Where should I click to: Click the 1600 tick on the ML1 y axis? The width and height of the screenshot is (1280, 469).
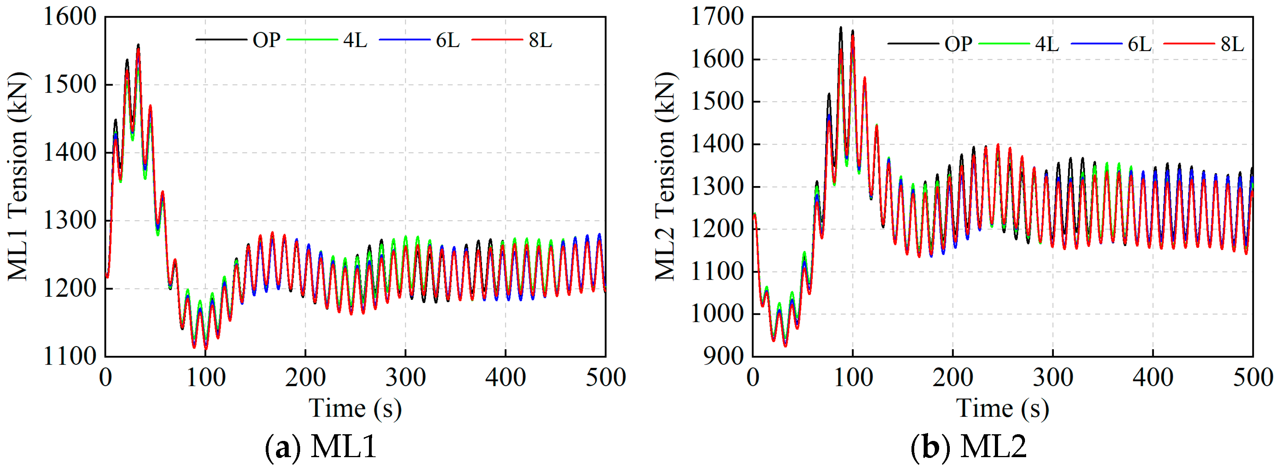(x=70, y=17)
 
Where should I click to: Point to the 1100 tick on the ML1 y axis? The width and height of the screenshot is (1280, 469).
(x=70, y=356)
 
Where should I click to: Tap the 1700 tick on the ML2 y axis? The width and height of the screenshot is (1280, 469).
(x=717, y=17)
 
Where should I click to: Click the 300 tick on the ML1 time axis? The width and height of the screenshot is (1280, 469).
(x=405, y=378)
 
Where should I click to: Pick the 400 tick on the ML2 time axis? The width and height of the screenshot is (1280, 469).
(x=1153, y=378)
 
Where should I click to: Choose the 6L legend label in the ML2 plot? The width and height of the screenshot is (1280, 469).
(x=1139, y=44)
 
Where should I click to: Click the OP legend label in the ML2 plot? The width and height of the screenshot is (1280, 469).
(x=958, y=44)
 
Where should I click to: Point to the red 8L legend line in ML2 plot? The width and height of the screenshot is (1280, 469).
(x=1189, y=44)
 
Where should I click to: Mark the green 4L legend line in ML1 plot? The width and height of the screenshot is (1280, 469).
(x=312, y=39)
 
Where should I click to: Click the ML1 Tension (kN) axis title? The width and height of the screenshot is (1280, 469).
(x=18, y=176)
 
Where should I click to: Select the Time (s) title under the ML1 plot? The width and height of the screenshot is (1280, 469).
(x=355, y=409)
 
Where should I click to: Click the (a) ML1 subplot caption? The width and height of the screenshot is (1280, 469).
(x=321, y=446)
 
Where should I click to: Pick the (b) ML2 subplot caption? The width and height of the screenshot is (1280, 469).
(x=968, y=446)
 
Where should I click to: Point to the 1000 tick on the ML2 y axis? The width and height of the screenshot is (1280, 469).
(x=717, y=314)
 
